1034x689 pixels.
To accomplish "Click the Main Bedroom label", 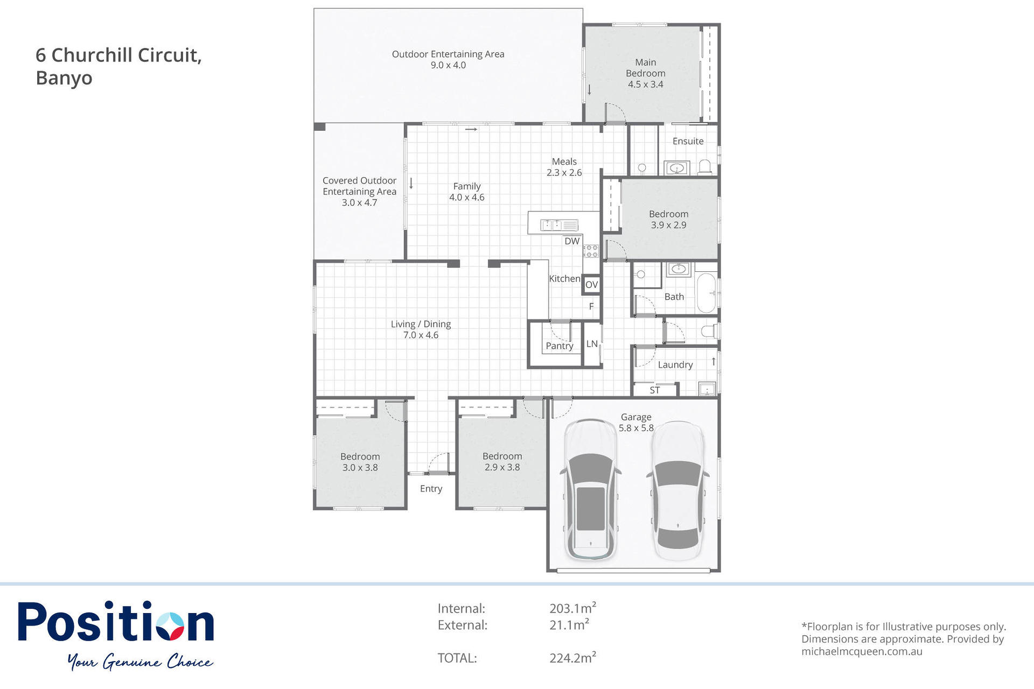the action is pyautogui.click(x=645, y=68).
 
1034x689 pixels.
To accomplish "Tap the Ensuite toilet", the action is pyautogui.click(x=704, y=167).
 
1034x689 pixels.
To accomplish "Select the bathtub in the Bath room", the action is pyautogui.click(x=706, y=293).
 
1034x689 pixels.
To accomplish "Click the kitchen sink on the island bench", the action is pyautogui.click(x=559, y=225).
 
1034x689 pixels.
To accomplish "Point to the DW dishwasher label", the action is pyautogui.click(x=572, y=241).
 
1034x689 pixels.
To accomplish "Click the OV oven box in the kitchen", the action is pyautogui.click(x=591, y=285).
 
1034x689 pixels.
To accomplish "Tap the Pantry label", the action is pyautogui.click(x=560, y=346).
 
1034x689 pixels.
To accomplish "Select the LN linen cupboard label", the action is pyautogui.click(x=592, y=343).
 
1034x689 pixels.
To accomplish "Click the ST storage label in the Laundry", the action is pyautogui.click(x=655, y=390).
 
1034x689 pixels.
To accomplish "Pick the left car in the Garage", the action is pyautogui.click(x=591, y=489).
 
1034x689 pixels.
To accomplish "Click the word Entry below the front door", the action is pyautogui.click(x=431, y=489).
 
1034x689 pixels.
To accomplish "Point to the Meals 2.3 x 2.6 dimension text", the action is pyautogui.click(x=564, y=173).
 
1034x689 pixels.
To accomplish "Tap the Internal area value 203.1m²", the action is pyautogui.click(x=572, y=608).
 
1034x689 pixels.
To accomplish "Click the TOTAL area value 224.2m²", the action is pyautogui.click(x=572, y=657).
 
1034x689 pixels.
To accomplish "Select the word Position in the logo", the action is pyautogui.click(x=116, y=622).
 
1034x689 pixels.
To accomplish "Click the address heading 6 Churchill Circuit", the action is pyautogui.click(x=118, y=55).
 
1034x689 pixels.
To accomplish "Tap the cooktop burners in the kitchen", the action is pyautogui.click(x=591, y=251).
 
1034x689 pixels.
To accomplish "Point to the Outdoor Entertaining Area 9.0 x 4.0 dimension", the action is pyautogui.click(x=448, y=65).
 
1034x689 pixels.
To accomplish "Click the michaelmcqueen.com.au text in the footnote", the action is pyautogui.click(x=862, y=651).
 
